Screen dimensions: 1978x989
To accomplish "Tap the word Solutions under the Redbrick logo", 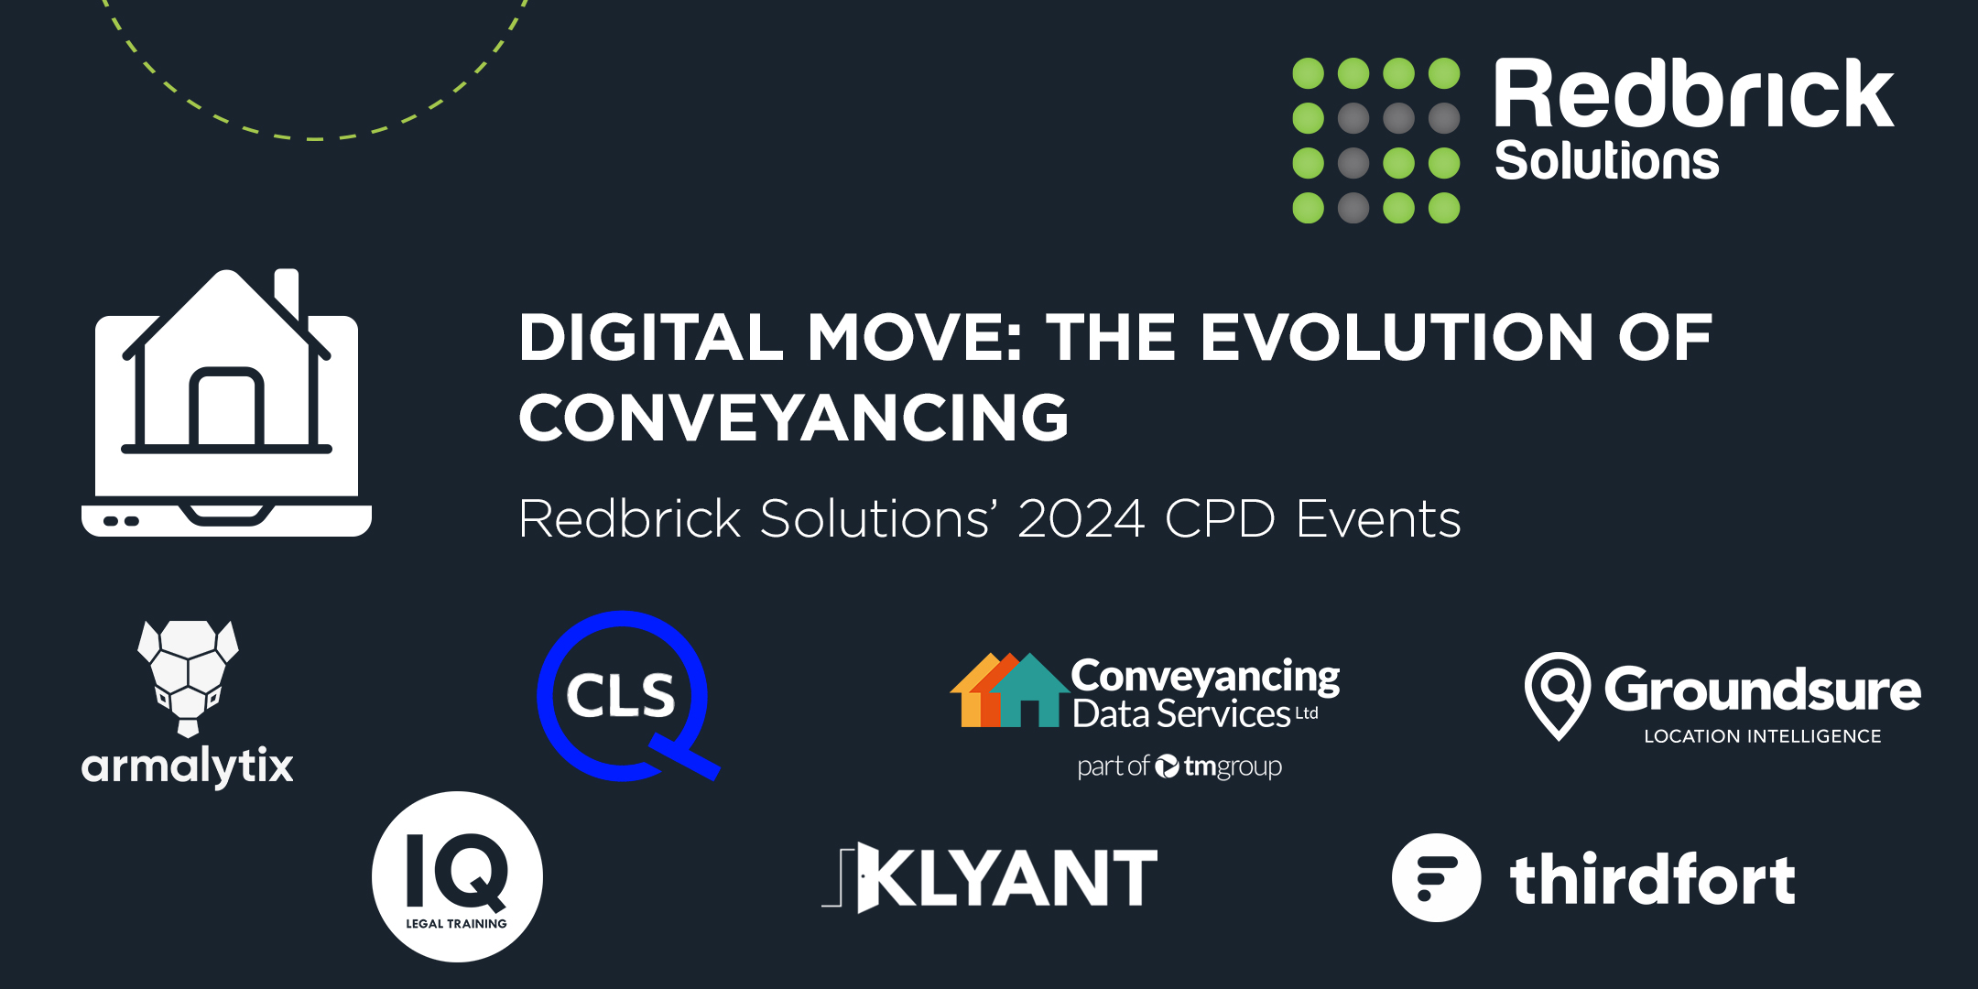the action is (1607, 161).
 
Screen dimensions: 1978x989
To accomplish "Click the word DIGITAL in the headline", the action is (651, 337).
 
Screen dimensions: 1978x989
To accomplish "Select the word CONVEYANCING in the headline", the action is (794, 418).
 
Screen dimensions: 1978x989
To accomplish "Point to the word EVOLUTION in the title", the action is (1397, 337).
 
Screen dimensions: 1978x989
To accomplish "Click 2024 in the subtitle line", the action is (1081, 519).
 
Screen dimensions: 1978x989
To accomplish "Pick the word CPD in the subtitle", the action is (1220, 519).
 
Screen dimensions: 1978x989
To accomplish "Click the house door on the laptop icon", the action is (226, 407).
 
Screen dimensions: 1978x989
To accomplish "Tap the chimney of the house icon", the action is (287, 291).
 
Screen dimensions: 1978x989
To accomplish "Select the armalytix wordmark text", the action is (187, 766).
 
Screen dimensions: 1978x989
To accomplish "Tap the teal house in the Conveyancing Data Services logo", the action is (1028, 690).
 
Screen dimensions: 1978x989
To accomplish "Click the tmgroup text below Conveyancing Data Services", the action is (1233, 766).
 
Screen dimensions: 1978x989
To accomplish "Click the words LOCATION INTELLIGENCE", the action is (1763, 736).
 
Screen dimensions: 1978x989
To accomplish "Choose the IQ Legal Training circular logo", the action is (457, 876).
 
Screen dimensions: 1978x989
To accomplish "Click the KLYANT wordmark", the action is (991, 877).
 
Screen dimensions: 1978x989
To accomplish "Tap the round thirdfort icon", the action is (1436, 877).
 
